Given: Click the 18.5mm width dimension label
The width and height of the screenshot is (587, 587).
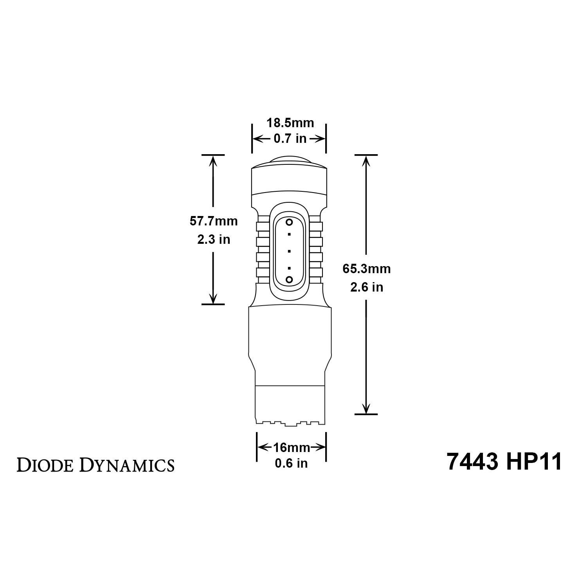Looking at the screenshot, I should click(290, 123).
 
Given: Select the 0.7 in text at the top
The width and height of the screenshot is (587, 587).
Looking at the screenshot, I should click(290, 139).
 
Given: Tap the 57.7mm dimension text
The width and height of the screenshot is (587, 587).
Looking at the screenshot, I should click(214, 221).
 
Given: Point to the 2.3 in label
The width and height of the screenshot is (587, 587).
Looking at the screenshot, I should click(214, 239).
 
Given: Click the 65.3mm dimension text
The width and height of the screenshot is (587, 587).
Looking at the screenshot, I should click(366, 269).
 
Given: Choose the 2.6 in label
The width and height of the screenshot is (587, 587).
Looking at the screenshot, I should click(366, 287).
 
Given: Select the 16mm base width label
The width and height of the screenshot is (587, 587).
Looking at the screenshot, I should click(292, 447).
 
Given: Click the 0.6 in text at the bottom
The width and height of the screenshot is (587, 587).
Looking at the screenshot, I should click(291, 463).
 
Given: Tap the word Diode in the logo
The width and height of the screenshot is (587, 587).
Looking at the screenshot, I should click(46, 465).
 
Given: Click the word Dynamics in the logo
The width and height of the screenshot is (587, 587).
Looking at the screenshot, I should click(127, 465).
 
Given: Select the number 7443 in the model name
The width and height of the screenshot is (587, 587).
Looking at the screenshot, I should click(472, 462).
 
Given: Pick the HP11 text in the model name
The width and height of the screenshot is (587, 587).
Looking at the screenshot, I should click(534, 462).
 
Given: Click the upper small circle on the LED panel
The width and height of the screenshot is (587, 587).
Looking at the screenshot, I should click(289, 222).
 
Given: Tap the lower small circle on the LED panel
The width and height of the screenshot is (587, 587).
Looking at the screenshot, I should click(289, 279).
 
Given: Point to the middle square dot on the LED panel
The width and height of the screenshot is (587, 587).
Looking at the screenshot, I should click(289, 251).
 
